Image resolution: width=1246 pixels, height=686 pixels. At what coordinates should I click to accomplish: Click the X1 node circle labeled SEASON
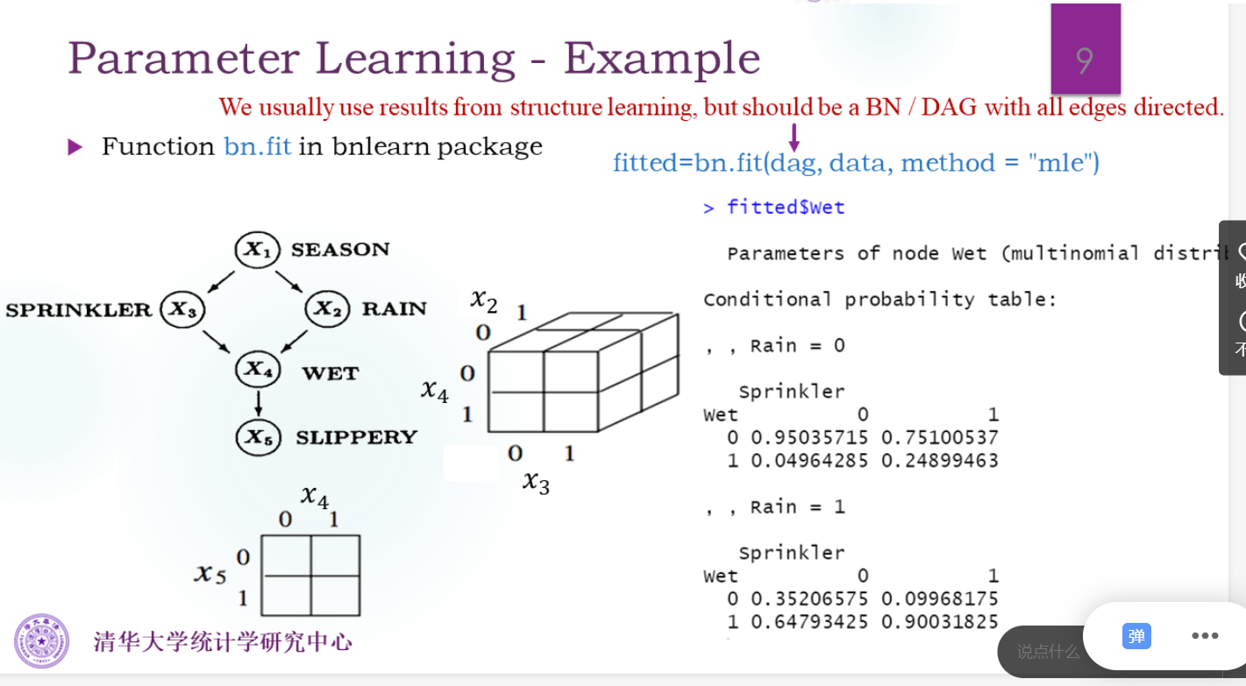[x=257, y=251]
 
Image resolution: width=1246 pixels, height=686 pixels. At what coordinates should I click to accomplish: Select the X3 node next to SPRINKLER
[x=183, y=309]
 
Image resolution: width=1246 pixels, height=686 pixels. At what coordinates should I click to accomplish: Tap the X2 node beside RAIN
[x=328, y=309]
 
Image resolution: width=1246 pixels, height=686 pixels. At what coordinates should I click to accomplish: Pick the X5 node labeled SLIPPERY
[x=257, y=436]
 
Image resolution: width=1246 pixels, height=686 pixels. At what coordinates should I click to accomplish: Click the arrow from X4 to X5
[x=257, y=404]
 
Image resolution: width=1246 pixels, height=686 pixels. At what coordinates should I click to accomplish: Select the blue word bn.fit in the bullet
[x=257, y=146]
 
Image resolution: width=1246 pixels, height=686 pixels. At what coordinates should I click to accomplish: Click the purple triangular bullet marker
[x=75, y=147]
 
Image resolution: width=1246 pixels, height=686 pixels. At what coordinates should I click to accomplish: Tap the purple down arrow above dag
[x=794, y=136]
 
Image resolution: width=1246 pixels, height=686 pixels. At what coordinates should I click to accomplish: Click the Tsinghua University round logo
[x=41, y=640]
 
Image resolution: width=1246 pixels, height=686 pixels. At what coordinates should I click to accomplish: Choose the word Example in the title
[x=662, y=59]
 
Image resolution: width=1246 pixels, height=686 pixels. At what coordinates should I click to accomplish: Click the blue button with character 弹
[x=1136, y=636]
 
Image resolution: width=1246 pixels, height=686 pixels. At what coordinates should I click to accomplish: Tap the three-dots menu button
[x=1205, y=636]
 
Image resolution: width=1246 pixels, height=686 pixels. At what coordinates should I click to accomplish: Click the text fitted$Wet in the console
[x=786, y=208]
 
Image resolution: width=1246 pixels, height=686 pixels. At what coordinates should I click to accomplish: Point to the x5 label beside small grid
[x=210, y=575]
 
